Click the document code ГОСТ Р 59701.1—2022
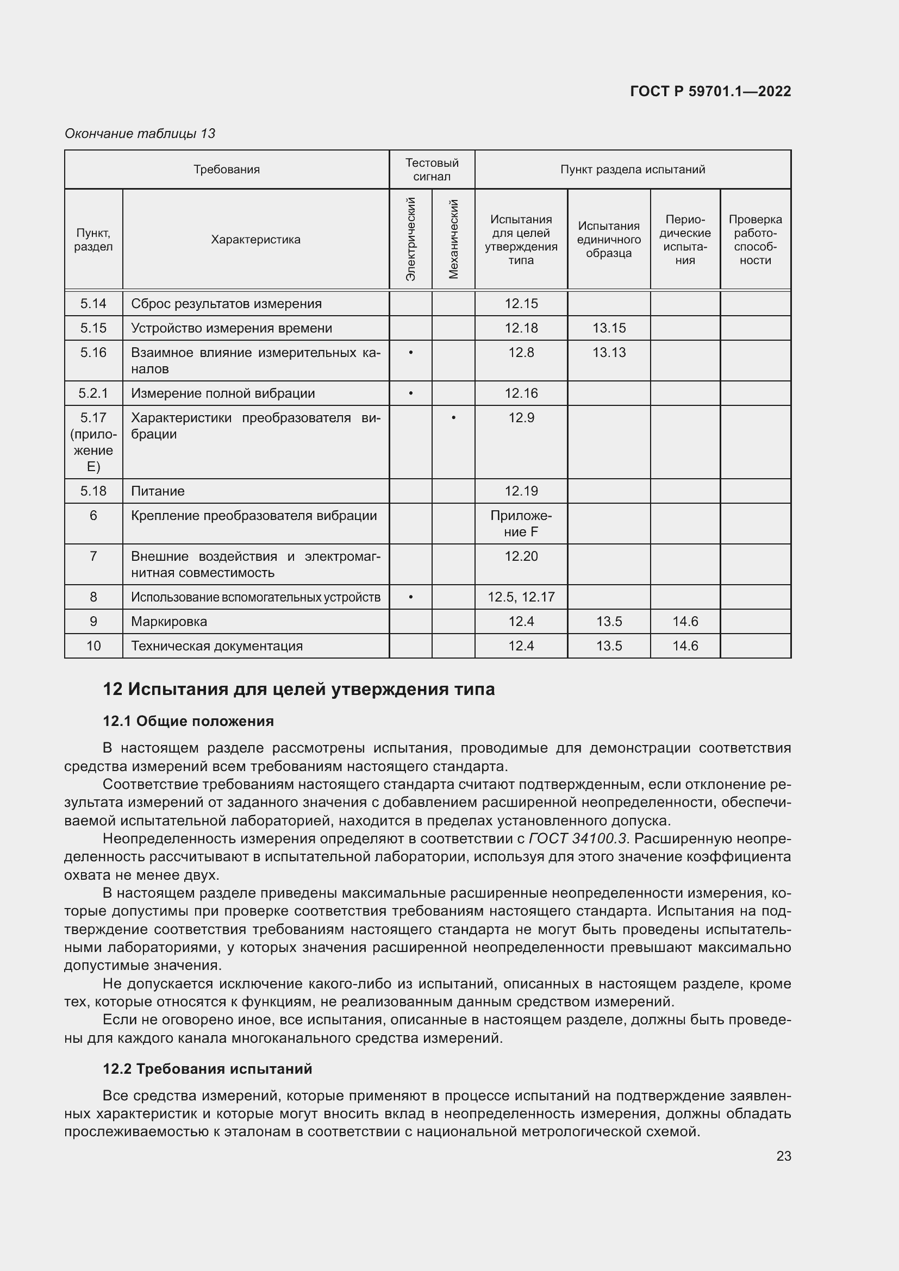coord(710,91)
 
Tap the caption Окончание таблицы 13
coord(140,134)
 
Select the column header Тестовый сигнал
coord(431,170)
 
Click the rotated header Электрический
coord(411,239)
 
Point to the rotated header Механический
coord(453,239)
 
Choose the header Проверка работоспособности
coord(755,240)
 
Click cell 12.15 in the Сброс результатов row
coord(521,303)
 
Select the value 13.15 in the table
coord(608,328)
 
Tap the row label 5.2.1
coord(93,393)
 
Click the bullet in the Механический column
coord(453,418)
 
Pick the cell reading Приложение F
coord(521,524)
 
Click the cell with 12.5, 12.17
coord(521,597)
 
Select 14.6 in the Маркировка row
coord(685,621)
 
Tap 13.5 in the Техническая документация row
coord(608,646)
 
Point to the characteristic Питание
coord(158,491)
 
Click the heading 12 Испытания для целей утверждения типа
coord(298,689)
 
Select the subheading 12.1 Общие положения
coord(188,721)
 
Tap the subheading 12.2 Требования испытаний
coord(207,1068)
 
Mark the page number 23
coord(783,1156)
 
